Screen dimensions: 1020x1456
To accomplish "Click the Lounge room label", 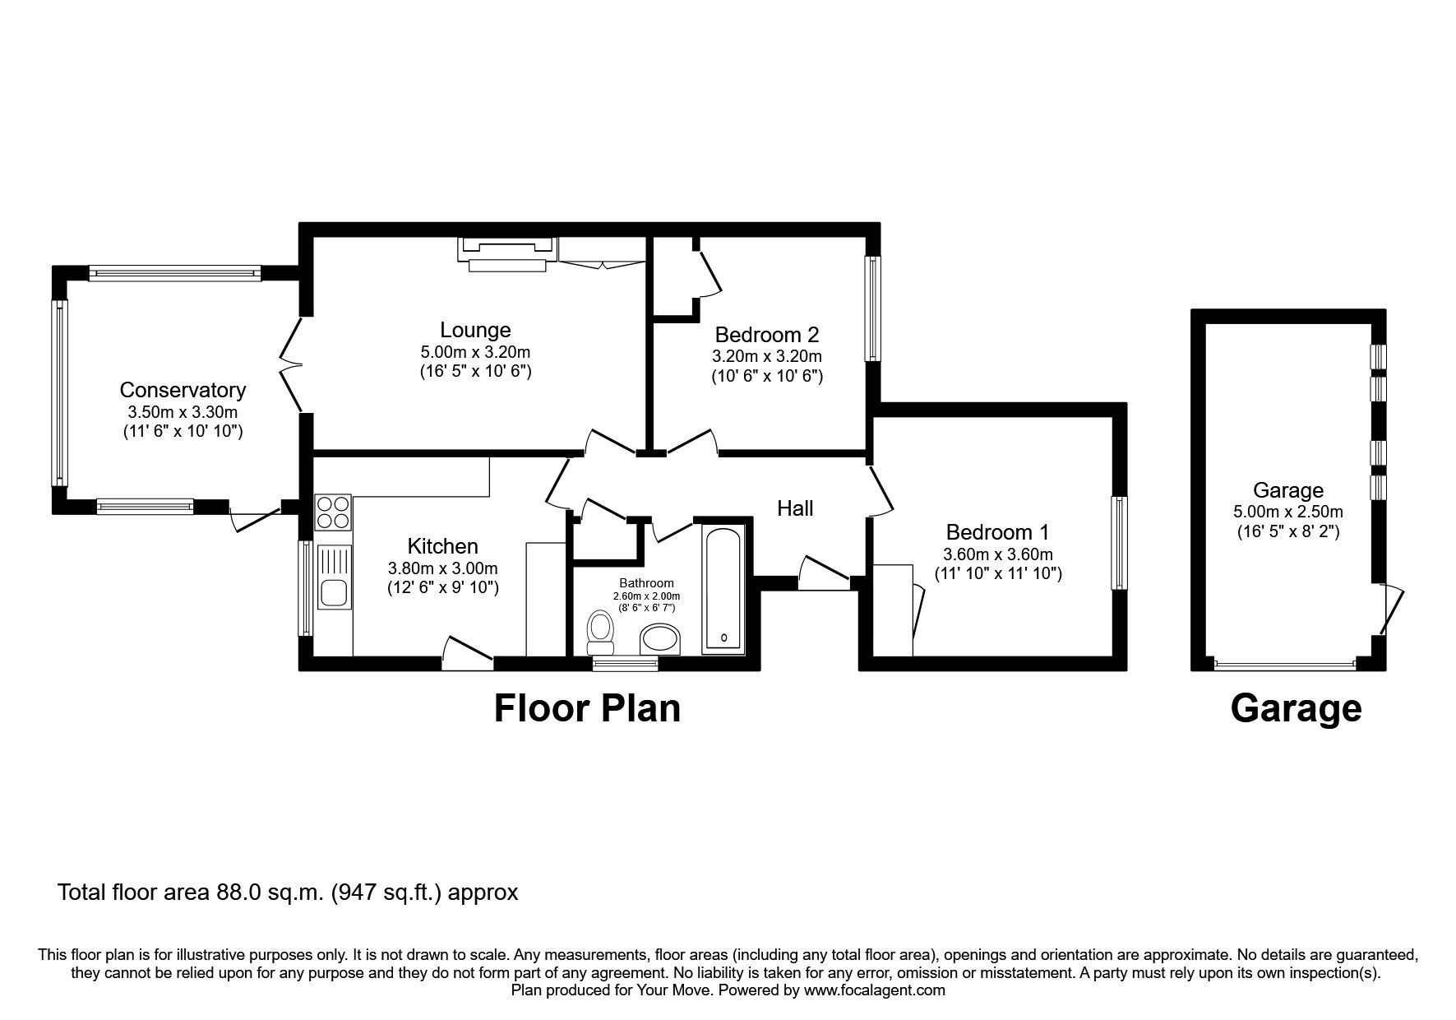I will pyautogui.click(x=475, y=330).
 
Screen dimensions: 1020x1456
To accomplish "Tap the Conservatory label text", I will pyautogui.click(x=183, y=390).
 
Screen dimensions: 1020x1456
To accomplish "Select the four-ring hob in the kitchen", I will pyautogui.click(x=333, y=512).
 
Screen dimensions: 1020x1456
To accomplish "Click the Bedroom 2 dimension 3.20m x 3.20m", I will pyautogui.click(x=766, y=356).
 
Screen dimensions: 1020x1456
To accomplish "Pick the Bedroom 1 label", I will pyautogui.click(x=997, y=531).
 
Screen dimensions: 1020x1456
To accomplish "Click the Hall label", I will pyautogui.click(x=795, y=508).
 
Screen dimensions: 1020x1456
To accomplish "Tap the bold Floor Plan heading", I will pyautogui.click(x=587, y=708).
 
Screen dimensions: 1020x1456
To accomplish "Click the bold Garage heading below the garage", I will pyautogui.click(x=1296, y=708).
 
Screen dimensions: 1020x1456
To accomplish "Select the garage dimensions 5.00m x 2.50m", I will pyautogui.click(x=1287, y=512).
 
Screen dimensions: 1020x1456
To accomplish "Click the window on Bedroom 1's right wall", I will pyautogui.click(x=1119, y=542).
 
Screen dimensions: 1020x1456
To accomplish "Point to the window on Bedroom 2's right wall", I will pyautogui.click(x=872, y=308).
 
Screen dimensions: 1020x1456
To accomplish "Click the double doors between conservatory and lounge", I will pyautogui.click(x=292, y=366).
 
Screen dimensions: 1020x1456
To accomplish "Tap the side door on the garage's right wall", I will pyautogui.click(x=1388, y=609).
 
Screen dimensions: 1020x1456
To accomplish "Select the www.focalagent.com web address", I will pyautogui.click(x=874, y=990).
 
